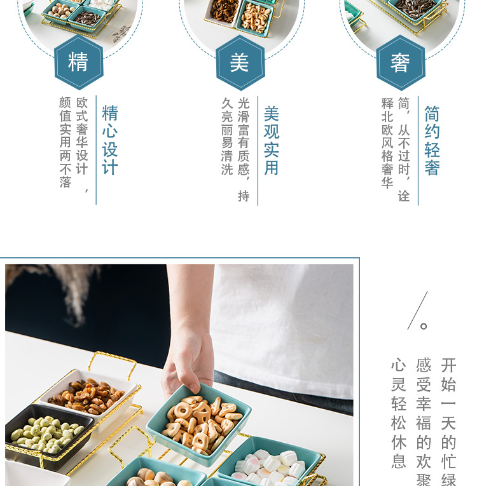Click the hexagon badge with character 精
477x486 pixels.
(x=78, y=62)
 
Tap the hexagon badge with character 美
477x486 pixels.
(x=240, y=62)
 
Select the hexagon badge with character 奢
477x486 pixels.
(x=400, y=62)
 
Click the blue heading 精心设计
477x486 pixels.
(x=110, y=140)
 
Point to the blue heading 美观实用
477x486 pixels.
(x=272, y=140)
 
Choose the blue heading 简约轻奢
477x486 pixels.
(x=432, y=140)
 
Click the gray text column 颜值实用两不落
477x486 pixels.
(x=65, y=142)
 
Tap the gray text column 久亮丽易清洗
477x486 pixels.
(x=227, y=137)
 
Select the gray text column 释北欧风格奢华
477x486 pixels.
(x=387, y=143)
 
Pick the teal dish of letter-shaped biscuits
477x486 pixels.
(x=200, y=420)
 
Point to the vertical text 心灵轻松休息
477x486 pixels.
(x=398, y=413)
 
